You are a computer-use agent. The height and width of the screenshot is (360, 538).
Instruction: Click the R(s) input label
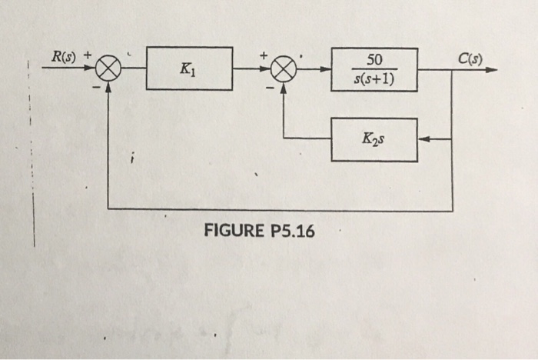tap(62, 55)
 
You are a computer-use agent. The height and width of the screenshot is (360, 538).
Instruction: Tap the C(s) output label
tap(469, 55)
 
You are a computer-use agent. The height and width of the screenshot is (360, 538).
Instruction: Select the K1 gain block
tap(189, 68)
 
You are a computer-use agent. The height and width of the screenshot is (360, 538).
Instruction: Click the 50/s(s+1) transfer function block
tap(374, 69)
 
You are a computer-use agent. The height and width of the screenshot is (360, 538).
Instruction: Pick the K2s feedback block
tap(374, 139)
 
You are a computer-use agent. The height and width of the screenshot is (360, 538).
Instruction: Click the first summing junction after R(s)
tap(108, 69)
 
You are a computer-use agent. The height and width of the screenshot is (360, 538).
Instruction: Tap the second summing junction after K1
tap(284, 69)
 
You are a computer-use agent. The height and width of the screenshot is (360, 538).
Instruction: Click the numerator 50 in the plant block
tap(374, 60)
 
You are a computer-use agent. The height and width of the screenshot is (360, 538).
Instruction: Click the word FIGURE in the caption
tap(231, 231)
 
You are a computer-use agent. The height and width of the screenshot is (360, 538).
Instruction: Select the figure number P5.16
tap(289, 231)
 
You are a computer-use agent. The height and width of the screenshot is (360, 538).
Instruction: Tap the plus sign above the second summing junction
tap(263, 55)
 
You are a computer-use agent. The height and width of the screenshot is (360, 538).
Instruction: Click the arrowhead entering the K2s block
tap(423, 139)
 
